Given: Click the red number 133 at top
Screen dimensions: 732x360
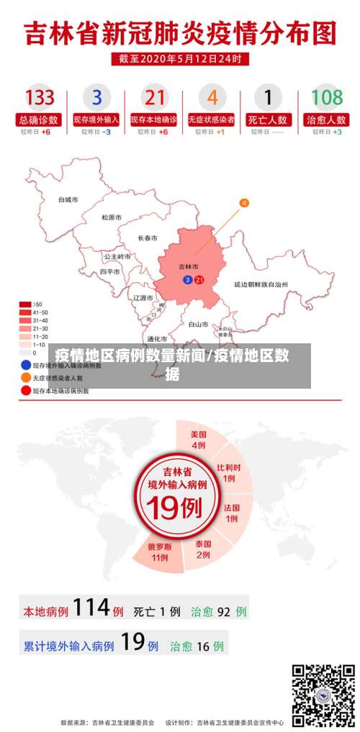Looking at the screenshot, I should [40, 97].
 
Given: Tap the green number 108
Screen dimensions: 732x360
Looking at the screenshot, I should [326, 97].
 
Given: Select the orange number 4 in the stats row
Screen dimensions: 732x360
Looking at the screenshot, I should [212, 97].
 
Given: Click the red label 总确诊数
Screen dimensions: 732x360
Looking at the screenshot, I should [40, 119].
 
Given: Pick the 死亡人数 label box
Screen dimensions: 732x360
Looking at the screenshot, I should [269, 119].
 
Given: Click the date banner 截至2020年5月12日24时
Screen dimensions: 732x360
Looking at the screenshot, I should [179, 59].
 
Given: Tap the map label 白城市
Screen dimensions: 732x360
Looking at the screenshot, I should [68, 199].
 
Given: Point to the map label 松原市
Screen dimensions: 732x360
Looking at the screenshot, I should [112, 217].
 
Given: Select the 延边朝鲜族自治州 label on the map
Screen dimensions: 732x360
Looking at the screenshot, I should [261, 285].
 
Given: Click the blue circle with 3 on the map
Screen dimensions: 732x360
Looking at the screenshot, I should [188, 279].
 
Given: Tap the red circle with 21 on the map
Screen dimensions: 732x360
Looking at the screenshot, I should [199, 279].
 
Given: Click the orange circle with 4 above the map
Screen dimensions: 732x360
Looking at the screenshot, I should [244, 203].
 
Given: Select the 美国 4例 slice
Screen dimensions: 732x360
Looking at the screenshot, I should [199, 440].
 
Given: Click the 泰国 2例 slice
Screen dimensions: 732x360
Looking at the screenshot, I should [203, 549].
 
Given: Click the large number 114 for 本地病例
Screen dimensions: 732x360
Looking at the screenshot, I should [91, 608].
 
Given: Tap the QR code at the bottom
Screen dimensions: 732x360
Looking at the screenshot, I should [323, 695].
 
